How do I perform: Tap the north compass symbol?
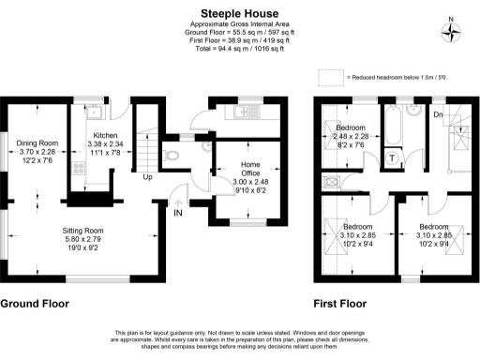tap(454, 31)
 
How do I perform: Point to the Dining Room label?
tap(37, 142)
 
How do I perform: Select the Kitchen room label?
tap(105, 136)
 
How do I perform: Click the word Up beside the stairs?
tap(147, 177)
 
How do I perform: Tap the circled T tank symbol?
tap(391, 157)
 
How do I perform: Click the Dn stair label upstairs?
tap(438, 114)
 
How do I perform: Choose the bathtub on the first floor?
tap(393, 123)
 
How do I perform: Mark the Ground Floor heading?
tap(35, 304)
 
